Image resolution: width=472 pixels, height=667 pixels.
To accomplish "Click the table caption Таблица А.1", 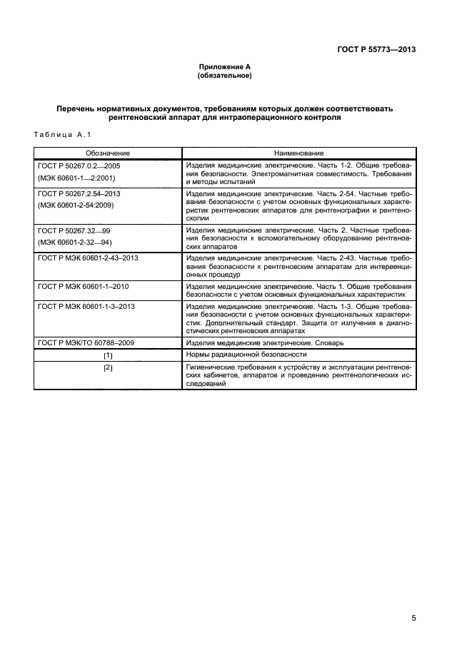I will click(x=61, y=135).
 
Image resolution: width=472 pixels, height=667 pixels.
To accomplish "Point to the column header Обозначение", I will click(x=108, y=153).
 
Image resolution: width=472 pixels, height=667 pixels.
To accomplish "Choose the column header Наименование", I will click(x=298, y=153).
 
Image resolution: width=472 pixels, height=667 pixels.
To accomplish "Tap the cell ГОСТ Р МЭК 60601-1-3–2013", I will click(x=86, y=305).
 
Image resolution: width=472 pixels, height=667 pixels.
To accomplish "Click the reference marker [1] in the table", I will click(x=108, y=355).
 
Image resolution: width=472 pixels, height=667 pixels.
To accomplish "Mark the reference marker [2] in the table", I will click(x=108, y=367).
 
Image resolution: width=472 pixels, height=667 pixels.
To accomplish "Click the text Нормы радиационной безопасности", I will click(x=246, y=355).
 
